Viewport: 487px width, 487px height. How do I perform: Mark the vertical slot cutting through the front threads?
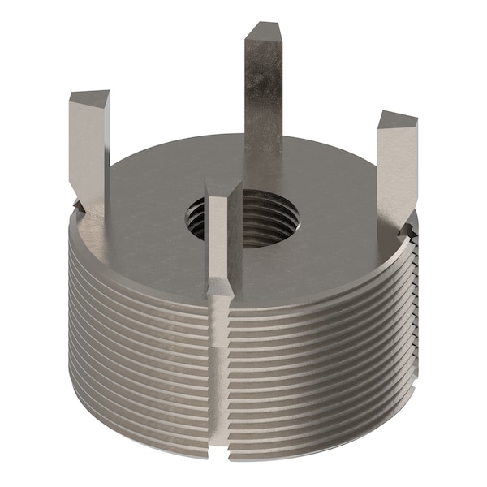(x=219, y=365)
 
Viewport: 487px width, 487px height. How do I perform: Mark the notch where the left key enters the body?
(x=81, y=211)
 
